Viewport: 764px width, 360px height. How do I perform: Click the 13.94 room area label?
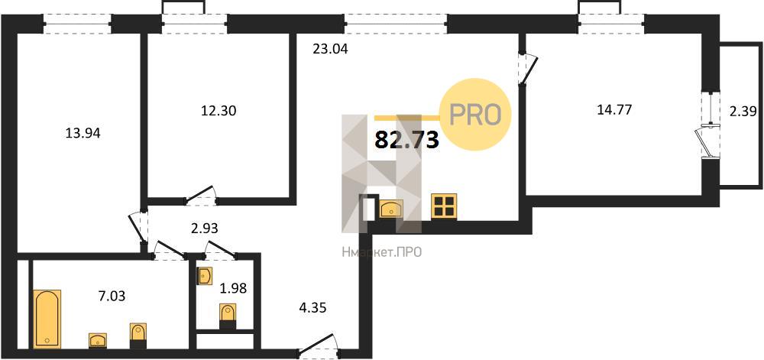pyautogui.click(x=83, y=133)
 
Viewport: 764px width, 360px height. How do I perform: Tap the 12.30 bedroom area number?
pyautogui.click(x=219, y=111)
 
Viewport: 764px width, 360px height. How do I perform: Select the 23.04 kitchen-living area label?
pyautogui.click(x=331, y=49)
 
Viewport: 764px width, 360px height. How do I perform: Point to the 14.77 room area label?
pyautogui.click(x=614, y=110)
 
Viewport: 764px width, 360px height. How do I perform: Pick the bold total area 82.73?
pyautogui.click(x=407, y=141)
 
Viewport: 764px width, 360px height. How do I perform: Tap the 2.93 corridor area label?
pyautogui.click(x=203, y=228)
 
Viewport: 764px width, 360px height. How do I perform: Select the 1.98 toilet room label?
pyautogui.click(x=233, y=288)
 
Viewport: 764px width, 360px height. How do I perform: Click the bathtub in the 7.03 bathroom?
pyautogui.click(x=47, y=319)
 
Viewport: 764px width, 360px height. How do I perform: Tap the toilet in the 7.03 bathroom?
pyautogui.click(x=138, y=336)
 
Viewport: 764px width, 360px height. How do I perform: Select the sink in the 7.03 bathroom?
pyautogui.click(x=98, y=340)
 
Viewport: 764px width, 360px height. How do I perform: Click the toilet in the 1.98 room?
pyautogui.click(x=228, y=316)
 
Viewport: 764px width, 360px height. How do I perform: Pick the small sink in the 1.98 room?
pyautogui.click(x=204, y=276)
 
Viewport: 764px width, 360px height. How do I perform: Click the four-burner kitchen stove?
pyautogui.click(x=444, y=206)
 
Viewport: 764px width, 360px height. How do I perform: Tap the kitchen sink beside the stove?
pyautogui.click(x=391, y=209)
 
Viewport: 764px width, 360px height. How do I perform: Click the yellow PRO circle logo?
pyautogui.click(x=475, y=114)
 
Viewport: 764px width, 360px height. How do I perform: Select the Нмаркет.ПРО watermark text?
pyautogui.click(x=381, y=252)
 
